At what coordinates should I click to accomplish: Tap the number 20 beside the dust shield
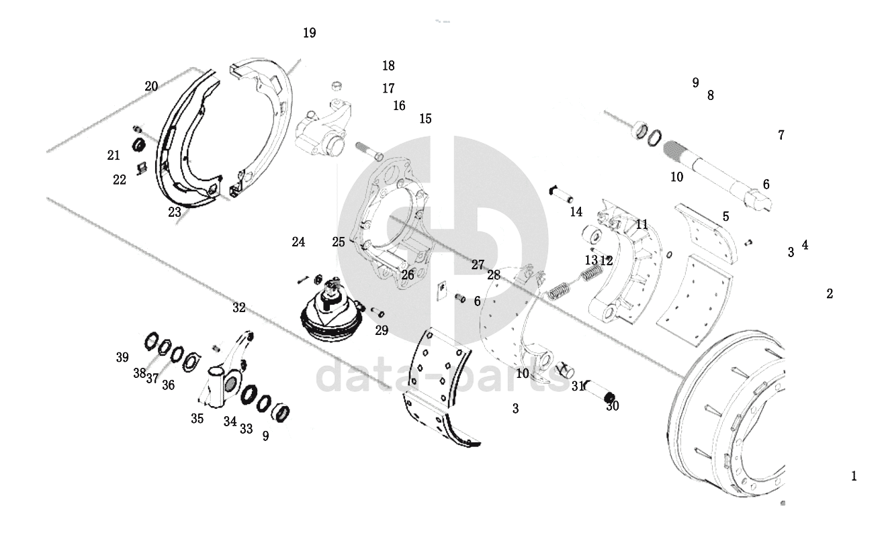(x=151, y=86)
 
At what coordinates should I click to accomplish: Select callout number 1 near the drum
(x=854, y=476)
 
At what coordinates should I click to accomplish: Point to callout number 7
(x=781, y=135)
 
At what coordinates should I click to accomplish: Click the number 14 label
(x=576, y=212)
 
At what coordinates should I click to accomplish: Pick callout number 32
(x=239, y=307)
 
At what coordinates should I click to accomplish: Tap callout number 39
(x=122, y=357)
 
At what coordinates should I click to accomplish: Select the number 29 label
(x=382, y=330)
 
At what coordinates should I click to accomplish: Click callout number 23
(x=175, y=212)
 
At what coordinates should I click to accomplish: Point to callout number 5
(x=726, y=217)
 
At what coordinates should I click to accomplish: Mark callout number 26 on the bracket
(x=408, y=275)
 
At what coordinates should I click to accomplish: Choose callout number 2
(x=830, y=293)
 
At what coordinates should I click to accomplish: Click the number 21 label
(x=114, y=155)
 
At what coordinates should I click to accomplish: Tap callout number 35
(x=197, y=418)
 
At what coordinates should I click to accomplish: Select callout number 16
(x=399, y=105)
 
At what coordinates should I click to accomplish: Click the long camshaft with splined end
(x=717, y=175)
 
